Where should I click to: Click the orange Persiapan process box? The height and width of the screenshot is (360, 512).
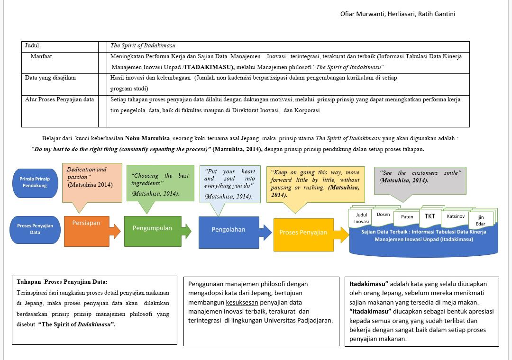tap(87, 231)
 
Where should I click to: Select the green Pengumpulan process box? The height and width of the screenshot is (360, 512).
tap(153, 231)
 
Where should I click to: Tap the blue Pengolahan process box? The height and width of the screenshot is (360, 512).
tap(229, 233)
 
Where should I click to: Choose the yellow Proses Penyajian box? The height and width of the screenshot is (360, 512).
tap(304, 234)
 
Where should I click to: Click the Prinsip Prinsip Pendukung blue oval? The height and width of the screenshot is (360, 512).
tap(35, 183)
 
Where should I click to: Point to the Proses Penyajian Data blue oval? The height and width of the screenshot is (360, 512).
tap(35, 230)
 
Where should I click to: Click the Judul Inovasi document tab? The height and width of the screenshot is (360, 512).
tap(361, 218)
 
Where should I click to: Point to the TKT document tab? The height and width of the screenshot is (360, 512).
tap(430, 217)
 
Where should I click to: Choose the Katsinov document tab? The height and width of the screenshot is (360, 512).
tap(456, 217)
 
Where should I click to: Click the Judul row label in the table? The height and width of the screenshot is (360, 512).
tap(32, 45)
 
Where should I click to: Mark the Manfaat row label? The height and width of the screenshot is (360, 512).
tap(41, 56)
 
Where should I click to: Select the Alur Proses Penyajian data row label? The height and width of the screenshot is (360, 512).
tap(59, 99)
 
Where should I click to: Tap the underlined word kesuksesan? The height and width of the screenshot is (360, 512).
tap(242, 303)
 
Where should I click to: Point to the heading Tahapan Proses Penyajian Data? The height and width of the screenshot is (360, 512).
tap(62, 282)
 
